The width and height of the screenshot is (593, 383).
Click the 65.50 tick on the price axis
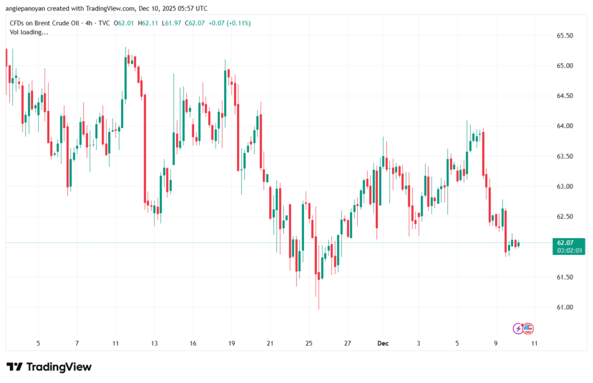[565, 35]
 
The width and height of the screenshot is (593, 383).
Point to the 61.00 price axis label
[565, 307]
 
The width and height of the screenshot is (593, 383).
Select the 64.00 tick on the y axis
[565, 126]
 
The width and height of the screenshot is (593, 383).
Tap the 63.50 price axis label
[565, 156]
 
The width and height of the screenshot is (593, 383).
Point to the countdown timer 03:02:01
[568, 250]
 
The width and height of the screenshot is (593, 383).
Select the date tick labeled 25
[309, 343]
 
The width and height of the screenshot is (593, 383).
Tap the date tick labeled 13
[154, 343]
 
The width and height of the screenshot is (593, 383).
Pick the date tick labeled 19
[231, 343]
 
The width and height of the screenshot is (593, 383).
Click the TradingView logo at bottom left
[49, 367]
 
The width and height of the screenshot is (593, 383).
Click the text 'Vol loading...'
[30, 32]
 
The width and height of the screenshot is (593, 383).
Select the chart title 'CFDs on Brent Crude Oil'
[45, 23]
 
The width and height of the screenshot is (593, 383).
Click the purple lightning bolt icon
[519, 329]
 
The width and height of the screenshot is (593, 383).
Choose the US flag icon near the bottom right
[528, 329]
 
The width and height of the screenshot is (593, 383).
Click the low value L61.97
[174, 23]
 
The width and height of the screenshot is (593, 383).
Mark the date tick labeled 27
[347, 343]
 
